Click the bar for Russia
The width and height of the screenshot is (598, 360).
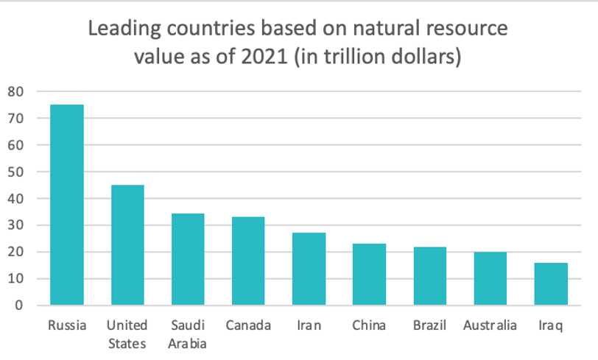66,205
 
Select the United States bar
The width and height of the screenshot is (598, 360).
127,245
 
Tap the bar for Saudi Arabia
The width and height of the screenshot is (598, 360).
187,259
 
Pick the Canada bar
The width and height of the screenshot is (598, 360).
247,261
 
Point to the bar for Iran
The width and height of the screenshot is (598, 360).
309,269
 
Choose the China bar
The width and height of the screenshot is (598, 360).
369,275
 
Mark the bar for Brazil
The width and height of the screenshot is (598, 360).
429,276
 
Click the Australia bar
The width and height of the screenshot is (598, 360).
490,279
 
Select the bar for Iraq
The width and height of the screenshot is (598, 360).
550,284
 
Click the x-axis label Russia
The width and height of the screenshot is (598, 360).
66,325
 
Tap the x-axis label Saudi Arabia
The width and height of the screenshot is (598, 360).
187,333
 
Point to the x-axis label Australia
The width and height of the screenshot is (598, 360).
490,325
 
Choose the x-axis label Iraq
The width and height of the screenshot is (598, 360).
550,325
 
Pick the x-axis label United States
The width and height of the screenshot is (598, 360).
127,333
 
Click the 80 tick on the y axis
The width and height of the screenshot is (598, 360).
17,91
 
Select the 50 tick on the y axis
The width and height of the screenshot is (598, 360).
17,172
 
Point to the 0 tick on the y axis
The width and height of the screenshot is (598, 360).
21,306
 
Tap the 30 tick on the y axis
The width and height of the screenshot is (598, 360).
17,225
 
